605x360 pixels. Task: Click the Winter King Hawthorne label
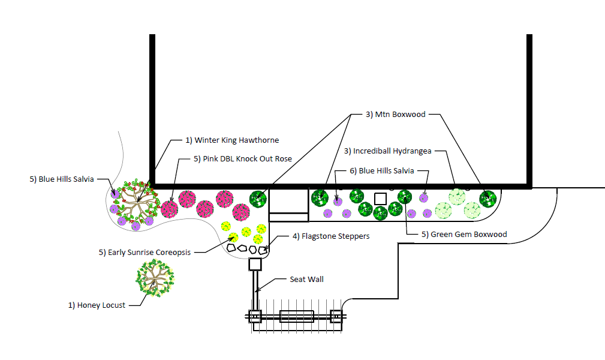231,140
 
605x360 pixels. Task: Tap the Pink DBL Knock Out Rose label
243,159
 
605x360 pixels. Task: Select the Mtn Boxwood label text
395,115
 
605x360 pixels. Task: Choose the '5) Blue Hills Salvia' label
62,179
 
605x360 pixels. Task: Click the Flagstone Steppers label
330,236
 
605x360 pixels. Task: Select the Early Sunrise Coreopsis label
145,253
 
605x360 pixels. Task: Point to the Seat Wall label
306,280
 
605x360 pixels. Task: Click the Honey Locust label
97,305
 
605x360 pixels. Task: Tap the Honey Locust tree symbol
155,278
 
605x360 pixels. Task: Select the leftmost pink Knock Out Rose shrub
170,209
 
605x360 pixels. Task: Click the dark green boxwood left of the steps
258,199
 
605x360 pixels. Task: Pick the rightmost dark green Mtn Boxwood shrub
488,198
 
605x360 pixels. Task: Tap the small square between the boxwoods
380,198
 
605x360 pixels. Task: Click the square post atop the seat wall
255,264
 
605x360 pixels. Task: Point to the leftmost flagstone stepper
231,246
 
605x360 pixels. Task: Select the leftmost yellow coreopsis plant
225,226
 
